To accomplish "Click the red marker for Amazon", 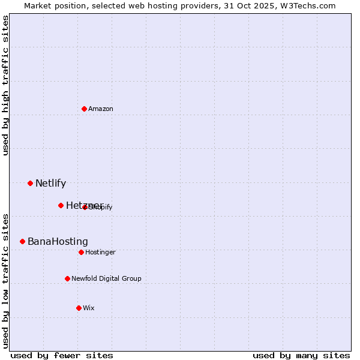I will pyautogui.click(x=84, y=109).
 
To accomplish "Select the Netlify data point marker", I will pyautogui.click(x=30, y=183).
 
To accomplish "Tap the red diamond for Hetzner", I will pyautogui.click(x=61, y=205).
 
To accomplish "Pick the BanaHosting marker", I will pyautogui.click(x=22, y=241).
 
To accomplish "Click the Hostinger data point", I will pyautogui.click(x=81, y=252).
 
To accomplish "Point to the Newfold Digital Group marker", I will pyautogui.click(x=67, y=278).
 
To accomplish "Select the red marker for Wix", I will pyautogui.click(x=79, y=308).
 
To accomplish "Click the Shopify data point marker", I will pyautogui.click(x=85, y=207).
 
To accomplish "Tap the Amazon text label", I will pyautogui.click(x=101, y=109).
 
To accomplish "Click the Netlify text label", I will pyautogui.click(x=50, y=183).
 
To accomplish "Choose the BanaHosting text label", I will pyautogui.click(x=58, y=241).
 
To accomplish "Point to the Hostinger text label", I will pyautogui.click(x=100, y=252).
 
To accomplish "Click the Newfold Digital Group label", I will pyautogui.click(x=106, y=278).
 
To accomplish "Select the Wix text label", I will pyautogui.click(x=89, y=308).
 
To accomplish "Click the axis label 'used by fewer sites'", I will pyautogui.click(x=62, y=355).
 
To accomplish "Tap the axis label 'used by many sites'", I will pyautogui.click(x=301, y=355).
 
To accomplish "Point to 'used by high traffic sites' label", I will pyautogui.click(x=5, y=85).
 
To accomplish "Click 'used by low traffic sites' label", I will pyautogui.click(x=5, y=281).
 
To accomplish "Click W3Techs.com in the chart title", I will pyautogui.click(x=310, y=5).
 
